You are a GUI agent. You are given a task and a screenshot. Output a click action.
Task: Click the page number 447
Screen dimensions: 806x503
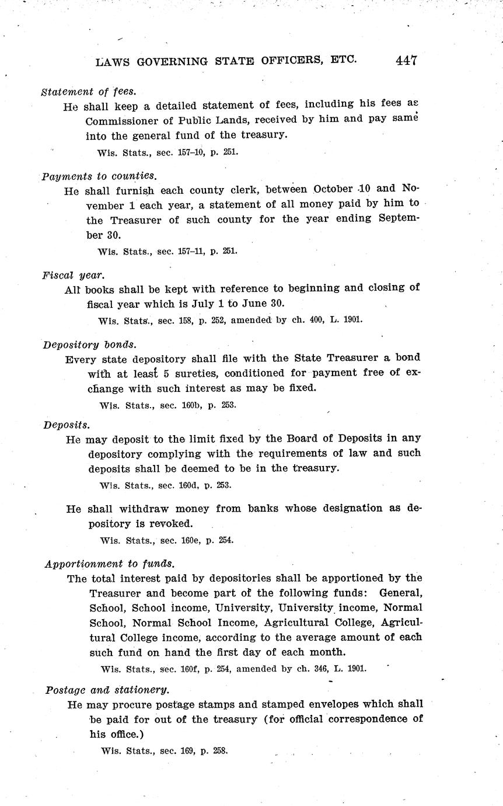pos(406,60)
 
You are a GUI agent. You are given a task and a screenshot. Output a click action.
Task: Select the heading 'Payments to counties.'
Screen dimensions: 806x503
pos(99,175)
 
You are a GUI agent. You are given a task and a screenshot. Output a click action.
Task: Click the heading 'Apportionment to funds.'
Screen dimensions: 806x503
pos(110,564)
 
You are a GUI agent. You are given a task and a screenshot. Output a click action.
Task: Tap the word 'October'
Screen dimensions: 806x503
pos(332,189)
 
